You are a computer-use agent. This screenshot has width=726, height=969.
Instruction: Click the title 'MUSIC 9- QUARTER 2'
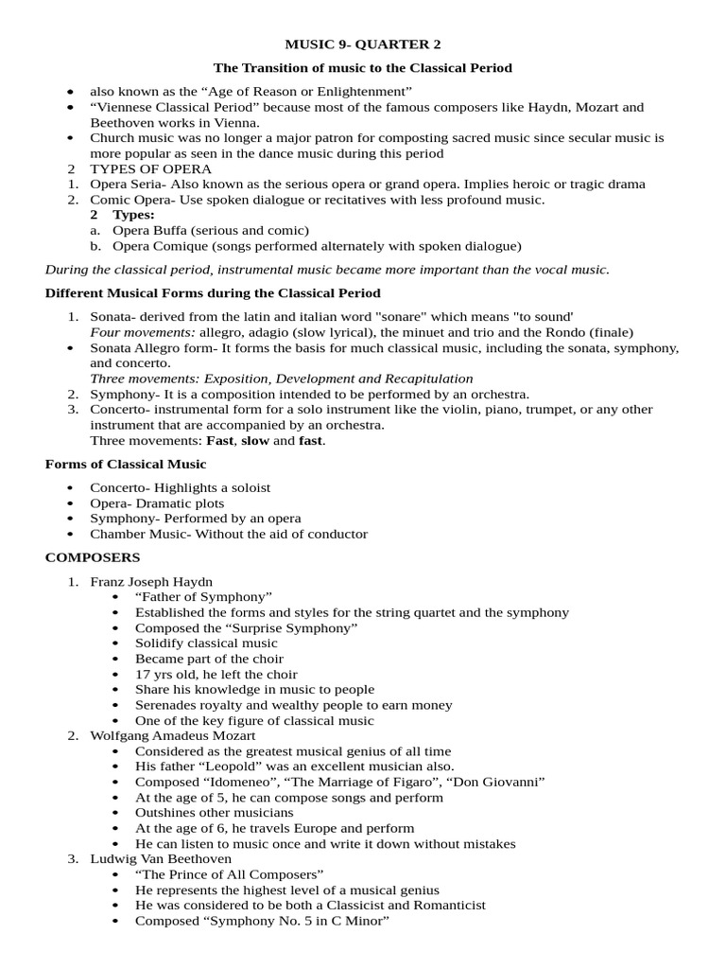click(363, 44)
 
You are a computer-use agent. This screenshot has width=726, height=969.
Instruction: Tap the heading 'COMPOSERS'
click(93, 557)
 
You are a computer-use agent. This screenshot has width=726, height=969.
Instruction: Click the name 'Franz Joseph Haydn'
click(151, 581)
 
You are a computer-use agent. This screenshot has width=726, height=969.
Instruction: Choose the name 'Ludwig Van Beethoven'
click(161, 858)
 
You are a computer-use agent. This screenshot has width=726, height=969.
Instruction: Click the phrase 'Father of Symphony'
click(203, 596)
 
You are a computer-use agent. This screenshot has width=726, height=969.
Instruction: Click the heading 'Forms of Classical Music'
click(126, 464)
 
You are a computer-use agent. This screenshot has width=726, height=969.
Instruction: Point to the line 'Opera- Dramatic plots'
click(157, 503)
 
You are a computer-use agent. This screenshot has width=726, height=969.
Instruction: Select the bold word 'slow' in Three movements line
click(255, 441)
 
